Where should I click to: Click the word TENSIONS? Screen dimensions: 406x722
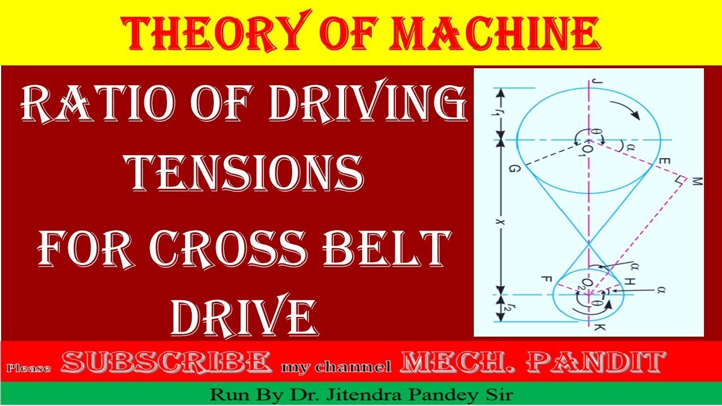tap(245, 171)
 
